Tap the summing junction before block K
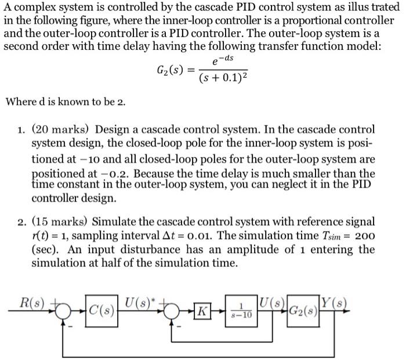171,312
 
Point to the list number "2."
21,222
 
